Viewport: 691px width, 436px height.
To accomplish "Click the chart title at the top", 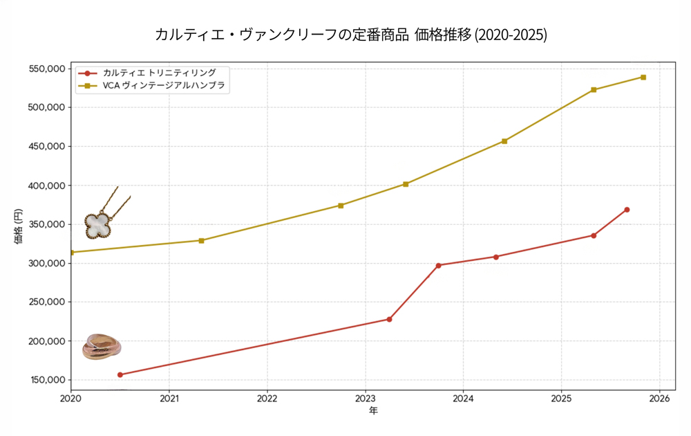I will click(351, 35).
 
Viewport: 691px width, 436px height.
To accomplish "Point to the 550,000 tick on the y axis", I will click(45, 69).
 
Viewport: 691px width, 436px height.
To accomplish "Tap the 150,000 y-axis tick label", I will click(45, 380).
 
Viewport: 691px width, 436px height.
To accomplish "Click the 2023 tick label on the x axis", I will click(365, 399).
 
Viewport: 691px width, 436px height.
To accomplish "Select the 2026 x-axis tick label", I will click(659, 399).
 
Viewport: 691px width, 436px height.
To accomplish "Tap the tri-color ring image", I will click(101, 347).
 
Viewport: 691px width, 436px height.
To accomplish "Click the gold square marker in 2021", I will click(201, 241).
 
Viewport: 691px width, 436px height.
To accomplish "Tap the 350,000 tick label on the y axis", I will click(45, 224).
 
